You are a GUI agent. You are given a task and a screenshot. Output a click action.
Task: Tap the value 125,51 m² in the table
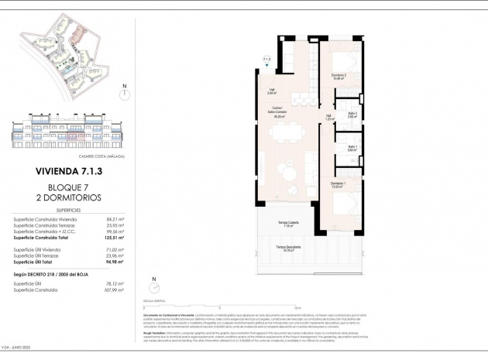114,237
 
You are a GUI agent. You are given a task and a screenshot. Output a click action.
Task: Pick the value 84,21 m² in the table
114,219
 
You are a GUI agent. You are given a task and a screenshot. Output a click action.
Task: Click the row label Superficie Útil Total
39,262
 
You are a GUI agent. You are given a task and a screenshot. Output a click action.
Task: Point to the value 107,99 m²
114,291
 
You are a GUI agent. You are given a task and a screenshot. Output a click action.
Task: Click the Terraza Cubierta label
290,225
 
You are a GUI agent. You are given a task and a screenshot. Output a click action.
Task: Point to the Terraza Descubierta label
290,248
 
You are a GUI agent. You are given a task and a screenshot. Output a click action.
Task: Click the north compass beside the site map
123,94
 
